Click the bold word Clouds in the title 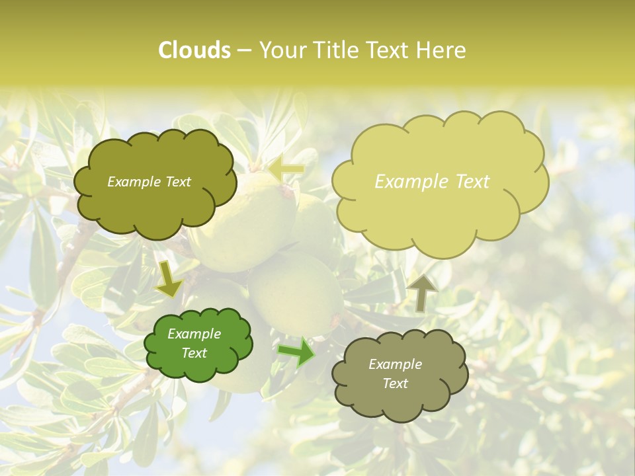coord(194,50)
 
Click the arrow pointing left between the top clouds coord(286,169)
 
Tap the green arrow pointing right coord(296,352)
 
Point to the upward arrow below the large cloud coord(421,292)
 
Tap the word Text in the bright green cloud coord(194,353)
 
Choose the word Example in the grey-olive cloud coord(395,364)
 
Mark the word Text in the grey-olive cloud coord(396,383)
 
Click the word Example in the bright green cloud coord(194,334)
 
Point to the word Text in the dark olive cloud coord(177,182)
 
